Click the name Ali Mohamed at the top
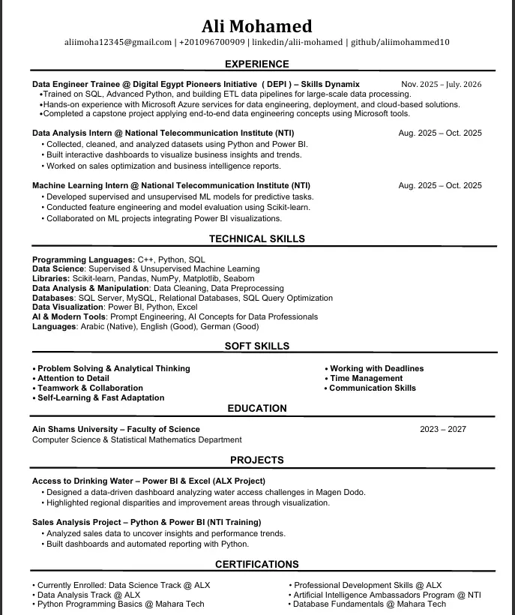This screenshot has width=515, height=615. [x=257, y=27]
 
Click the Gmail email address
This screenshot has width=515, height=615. [x=118, y=43]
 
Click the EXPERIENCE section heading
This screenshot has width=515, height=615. [x=257, y=64]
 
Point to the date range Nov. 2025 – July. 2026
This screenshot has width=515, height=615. [x=441, y=84]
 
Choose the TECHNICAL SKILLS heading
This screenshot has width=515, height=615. [x=257, y=239]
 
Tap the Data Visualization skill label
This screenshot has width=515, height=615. [x=68, y=307]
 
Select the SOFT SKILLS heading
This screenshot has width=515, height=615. [x=257, y=346]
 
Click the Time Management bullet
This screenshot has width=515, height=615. [x=366, y=379]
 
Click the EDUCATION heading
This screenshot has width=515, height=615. [x=257, y=409]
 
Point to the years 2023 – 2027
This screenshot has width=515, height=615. [x=443, y=430]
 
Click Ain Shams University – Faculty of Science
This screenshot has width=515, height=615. [x=116, y=430]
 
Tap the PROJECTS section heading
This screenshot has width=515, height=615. [x=257, y=460]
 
